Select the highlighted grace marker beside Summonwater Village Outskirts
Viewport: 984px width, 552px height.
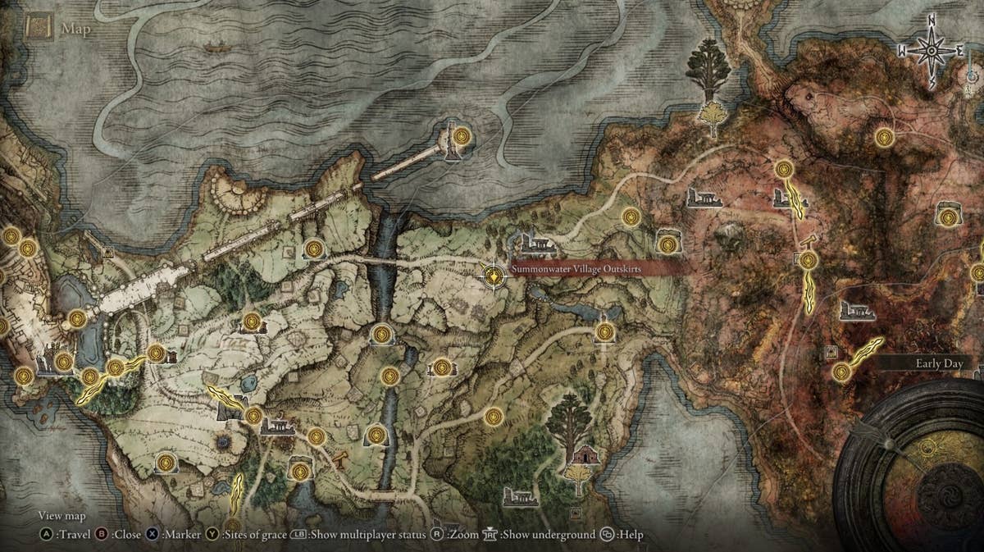coord(494,277)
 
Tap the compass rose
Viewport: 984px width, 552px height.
coord(932,50)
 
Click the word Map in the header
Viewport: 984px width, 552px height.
coord(75,30)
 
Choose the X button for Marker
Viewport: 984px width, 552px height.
coord(154,535)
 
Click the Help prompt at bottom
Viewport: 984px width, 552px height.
coord(631,535)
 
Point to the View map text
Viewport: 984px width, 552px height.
coord(62,516)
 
